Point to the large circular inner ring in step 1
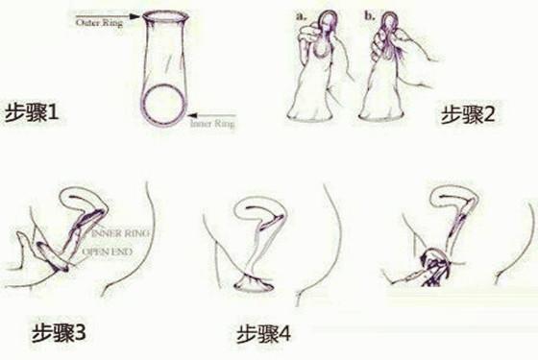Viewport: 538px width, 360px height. click(x=164, y=104)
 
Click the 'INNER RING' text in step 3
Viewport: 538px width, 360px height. click(x=116, y=233)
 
